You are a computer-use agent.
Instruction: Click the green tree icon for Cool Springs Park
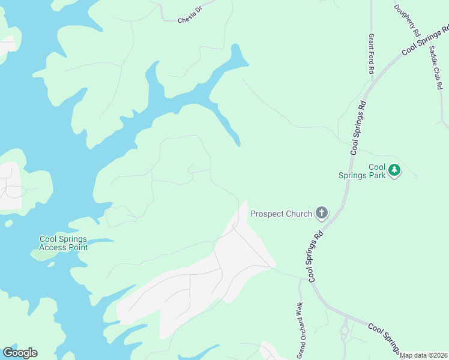[394, 170]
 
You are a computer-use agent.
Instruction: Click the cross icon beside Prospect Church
[322, 213]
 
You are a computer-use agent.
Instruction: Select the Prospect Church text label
[281, 214]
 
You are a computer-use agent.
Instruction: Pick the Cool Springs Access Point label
[63, 243]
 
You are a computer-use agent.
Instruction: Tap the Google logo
[20, 353]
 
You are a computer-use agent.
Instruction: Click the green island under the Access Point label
[42, 254]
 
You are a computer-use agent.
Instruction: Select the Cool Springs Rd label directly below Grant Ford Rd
[358, 128]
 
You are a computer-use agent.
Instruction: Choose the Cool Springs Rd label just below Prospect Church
[317, 255]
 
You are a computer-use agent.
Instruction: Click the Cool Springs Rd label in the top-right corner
[425, 41]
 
